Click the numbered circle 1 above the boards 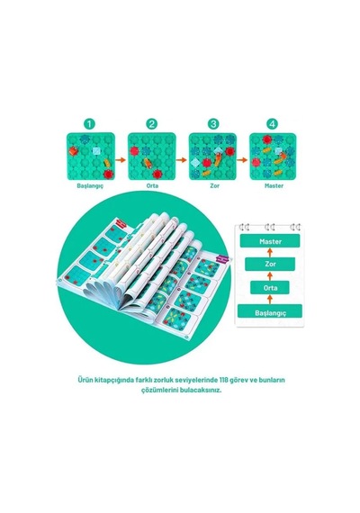point(89,124)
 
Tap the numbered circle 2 point(152,124)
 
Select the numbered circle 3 point(213,124)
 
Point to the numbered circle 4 point(273,124)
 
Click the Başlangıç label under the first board point(90,185)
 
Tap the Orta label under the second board point(152,185)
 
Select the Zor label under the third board point(214,185)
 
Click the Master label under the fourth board point(274,185)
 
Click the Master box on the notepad point(270,241)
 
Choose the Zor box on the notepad point(270,264)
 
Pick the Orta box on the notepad point(270,288)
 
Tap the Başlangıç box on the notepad point(270,311)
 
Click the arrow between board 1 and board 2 point(121,160)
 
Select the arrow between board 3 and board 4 point(242,160)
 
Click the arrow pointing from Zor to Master point(270,252)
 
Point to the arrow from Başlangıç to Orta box point(270,300)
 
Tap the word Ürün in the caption point(85,380)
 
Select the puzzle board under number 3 point(212,157)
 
